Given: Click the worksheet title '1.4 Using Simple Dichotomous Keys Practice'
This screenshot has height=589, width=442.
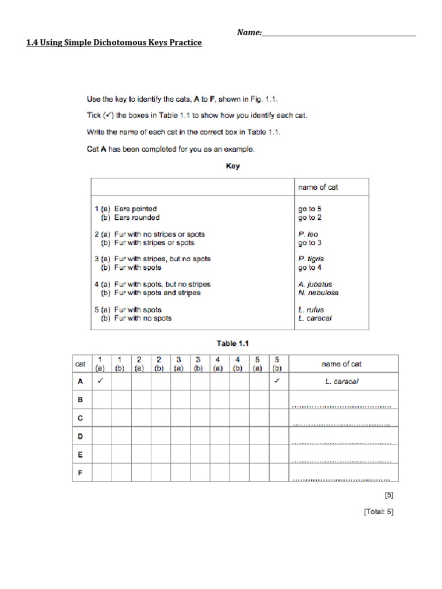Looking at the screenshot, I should tap(114, 43).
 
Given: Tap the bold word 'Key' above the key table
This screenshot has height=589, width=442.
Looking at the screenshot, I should tap(233, 166).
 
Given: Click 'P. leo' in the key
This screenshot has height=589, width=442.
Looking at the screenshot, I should tap(308, 235).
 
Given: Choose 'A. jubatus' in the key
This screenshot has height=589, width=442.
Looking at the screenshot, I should tap(315, 284).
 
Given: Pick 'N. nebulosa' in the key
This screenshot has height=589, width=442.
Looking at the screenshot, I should tap(318, 293).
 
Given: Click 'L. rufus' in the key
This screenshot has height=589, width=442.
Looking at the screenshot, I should tap(311, 309).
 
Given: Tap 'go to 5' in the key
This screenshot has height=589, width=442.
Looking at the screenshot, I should tap(310, 209).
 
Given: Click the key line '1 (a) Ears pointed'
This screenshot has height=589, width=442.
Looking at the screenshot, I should tap(125, 209).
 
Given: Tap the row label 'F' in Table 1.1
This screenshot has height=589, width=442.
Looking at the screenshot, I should tap(81, 473).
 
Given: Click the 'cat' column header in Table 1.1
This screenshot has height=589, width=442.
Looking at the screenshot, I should tap(81, 364).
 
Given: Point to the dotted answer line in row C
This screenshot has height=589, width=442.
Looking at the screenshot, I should tap(342, 425).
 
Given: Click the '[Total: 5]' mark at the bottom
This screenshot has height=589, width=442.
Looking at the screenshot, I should tap(378, 512).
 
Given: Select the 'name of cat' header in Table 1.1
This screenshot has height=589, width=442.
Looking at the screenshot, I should tap(342, 364).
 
